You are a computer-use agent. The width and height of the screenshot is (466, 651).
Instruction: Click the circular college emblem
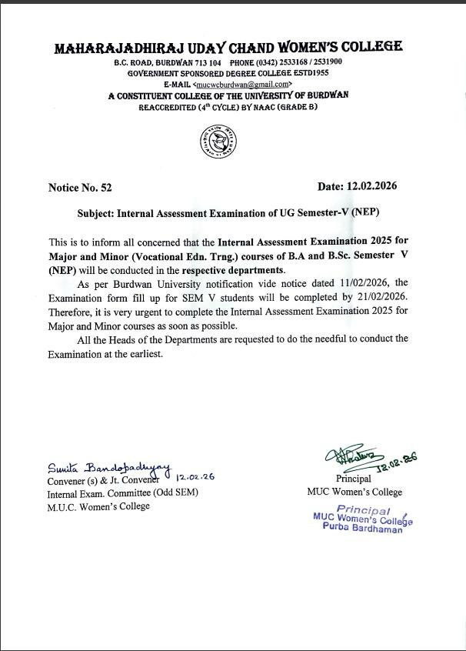tap(218, 142)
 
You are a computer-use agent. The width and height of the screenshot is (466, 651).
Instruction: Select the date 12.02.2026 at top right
tap(372, 187)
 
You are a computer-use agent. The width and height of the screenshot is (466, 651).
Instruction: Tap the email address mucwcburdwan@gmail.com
tap(242, 84)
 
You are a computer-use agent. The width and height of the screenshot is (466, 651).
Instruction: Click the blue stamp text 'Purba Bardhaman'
tap(362, 531)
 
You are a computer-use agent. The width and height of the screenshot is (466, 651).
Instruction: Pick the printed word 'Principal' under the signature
tap(353, 479)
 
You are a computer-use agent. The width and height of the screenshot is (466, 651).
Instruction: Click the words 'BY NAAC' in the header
tap(255, 107)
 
